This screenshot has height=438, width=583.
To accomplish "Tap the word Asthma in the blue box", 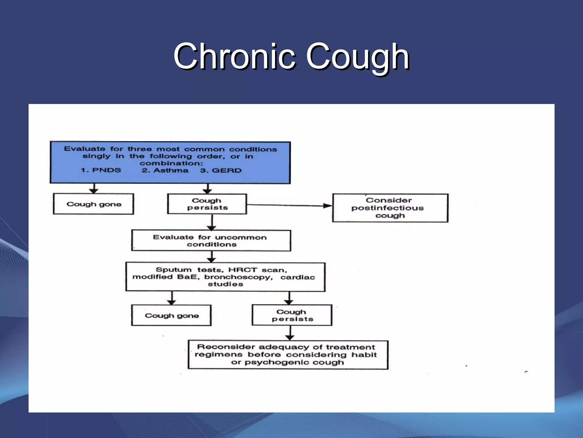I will tap(171, 171).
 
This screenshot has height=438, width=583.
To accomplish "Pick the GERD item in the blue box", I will tap(227, 171).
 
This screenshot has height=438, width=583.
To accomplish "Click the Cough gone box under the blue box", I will tap(93, 204).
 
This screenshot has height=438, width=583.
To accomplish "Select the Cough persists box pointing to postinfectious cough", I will tap(207, 204).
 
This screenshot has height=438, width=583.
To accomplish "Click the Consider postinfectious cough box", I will tap(390, 208).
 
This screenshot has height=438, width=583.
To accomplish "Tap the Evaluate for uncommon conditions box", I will tap(211, 241).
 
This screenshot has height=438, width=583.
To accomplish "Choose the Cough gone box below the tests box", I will tap(171, 315).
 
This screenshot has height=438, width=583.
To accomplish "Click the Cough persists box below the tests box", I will tap(292, 315).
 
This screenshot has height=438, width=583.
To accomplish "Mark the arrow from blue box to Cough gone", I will tap(94, 189).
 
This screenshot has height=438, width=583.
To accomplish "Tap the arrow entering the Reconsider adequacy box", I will tap(290, 333).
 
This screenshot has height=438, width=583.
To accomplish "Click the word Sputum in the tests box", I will tap(174, 270).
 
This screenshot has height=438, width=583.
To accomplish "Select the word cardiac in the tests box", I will tap(298, 277).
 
